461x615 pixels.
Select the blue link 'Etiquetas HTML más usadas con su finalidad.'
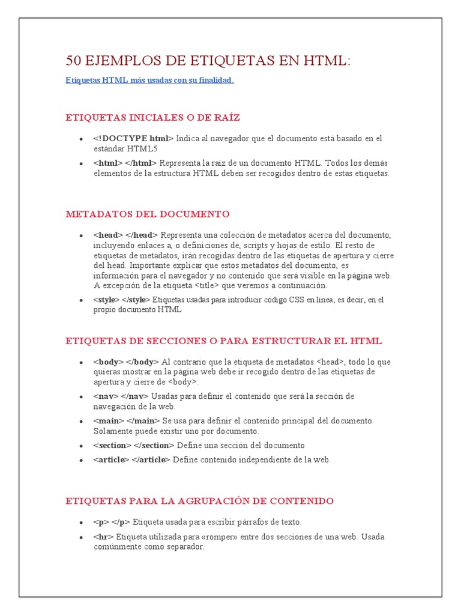(x=149, y=80)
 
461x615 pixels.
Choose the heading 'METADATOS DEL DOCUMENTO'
(x=147, y=214)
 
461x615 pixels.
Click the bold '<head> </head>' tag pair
(x=125, y=235)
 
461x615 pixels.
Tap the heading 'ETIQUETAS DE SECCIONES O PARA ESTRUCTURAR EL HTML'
(x=223, y=341)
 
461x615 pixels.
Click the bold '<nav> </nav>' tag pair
(x=121, y=397)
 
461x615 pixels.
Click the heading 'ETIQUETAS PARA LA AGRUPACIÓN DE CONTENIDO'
(x=199, y=501)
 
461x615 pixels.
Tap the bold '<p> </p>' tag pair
(x=111, y=522)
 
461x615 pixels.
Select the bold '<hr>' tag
(x=103, y=536)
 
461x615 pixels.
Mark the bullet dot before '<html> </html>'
(x=80, y=163)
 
